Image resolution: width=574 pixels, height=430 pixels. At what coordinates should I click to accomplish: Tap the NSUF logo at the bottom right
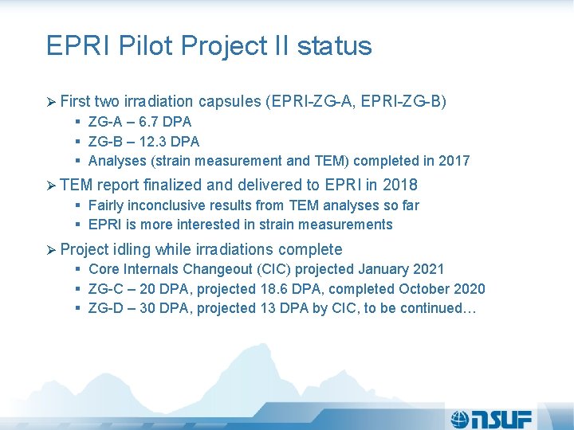tap(491, 417)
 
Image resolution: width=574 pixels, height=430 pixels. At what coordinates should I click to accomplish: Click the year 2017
tap(454, 162)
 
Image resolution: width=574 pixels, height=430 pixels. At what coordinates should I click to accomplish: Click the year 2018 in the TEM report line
tap(400, 186)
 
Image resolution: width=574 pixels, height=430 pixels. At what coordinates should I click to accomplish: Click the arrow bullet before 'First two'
tap(52, 102)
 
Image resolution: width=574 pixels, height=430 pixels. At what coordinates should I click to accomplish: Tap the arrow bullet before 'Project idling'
tap(52, 250)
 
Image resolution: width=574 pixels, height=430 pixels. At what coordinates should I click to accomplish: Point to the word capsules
tap(231, 102)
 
